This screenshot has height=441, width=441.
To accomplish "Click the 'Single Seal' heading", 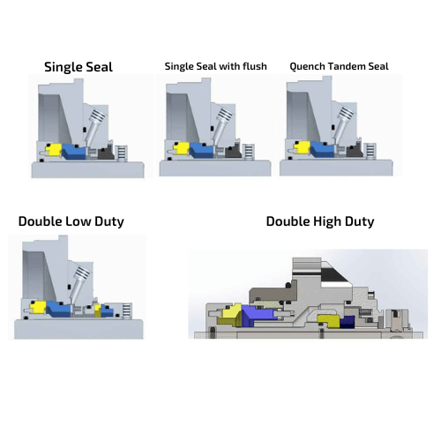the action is click(78, 67).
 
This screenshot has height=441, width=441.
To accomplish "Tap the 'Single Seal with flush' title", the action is click(216, 66).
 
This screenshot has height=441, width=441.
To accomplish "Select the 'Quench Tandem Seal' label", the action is click(339, 66).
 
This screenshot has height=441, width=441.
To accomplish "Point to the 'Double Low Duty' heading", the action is click(71, 221).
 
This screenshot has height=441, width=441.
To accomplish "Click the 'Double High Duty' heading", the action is click(320, 221).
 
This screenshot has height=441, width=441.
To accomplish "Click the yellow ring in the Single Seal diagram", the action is click(53, 150).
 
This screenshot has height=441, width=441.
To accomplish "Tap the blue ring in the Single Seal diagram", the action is click(73, 152).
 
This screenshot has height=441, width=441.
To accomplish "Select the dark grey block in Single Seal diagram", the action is click(106, 153).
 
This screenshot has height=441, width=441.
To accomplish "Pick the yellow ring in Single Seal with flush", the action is click(181, 148).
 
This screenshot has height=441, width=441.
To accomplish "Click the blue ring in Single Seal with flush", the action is click(202, 150).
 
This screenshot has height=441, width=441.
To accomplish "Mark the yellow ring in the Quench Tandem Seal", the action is click(302, 147).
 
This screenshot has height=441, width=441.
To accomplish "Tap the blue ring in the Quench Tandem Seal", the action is click(322, 149).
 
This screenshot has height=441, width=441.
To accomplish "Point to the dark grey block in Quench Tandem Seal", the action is click(355, 150).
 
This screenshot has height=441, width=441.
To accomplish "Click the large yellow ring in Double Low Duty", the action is click(38, 308).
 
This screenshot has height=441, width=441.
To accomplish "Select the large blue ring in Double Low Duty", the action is click(58, 309).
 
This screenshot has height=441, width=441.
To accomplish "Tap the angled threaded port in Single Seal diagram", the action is click(94, 126).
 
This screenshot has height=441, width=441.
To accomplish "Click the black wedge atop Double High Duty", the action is click(335, 275).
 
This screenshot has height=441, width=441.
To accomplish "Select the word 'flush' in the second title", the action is click(255, 66).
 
